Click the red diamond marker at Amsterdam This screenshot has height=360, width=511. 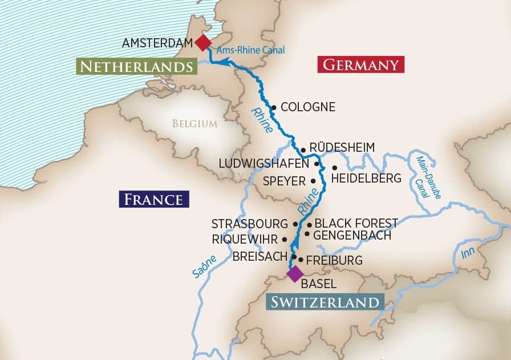click(202, 43)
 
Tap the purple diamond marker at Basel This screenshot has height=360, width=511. click(294, 274)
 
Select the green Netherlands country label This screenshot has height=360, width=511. click(135, 67)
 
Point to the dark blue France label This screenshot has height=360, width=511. click(153, 199)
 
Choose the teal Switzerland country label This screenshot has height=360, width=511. click(323, 302)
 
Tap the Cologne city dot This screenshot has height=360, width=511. click(274, 107)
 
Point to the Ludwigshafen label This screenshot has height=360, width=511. click(264, 163)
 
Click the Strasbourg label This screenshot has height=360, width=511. click(250, 224)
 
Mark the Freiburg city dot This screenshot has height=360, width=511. click(300, 260)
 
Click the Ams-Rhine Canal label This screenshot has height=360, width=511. click(250, 51)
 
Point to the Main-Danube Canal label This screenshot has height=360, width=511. click(425, 177)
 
